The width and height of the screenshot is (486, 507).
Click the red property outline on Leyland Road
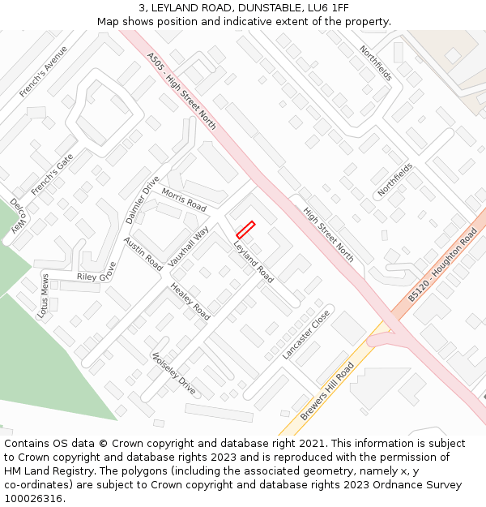coord(245,230)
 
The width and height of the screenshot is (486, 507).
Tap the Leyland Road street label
coord(254,261)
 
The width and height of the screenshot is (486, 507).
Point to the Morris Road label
coord(184,199)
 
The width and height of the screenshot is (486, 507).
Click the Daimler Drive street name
coord(143,199)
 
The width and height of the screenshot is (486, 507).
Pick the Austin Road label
coord(143,254)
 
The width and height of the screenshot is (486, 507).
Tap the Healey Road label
coord(190,302)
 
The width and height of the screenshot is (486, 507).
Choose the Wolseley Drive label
coord(174,374)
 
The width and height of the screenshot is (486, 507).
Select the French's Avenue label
coord(44,71)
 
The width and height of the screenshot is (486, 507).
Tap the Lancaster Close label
coord(306,334)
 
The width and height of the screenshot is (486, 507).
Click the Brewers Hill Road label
coord(328,393)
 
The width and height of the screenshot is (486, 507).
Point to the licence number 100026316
coord(35,498)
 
